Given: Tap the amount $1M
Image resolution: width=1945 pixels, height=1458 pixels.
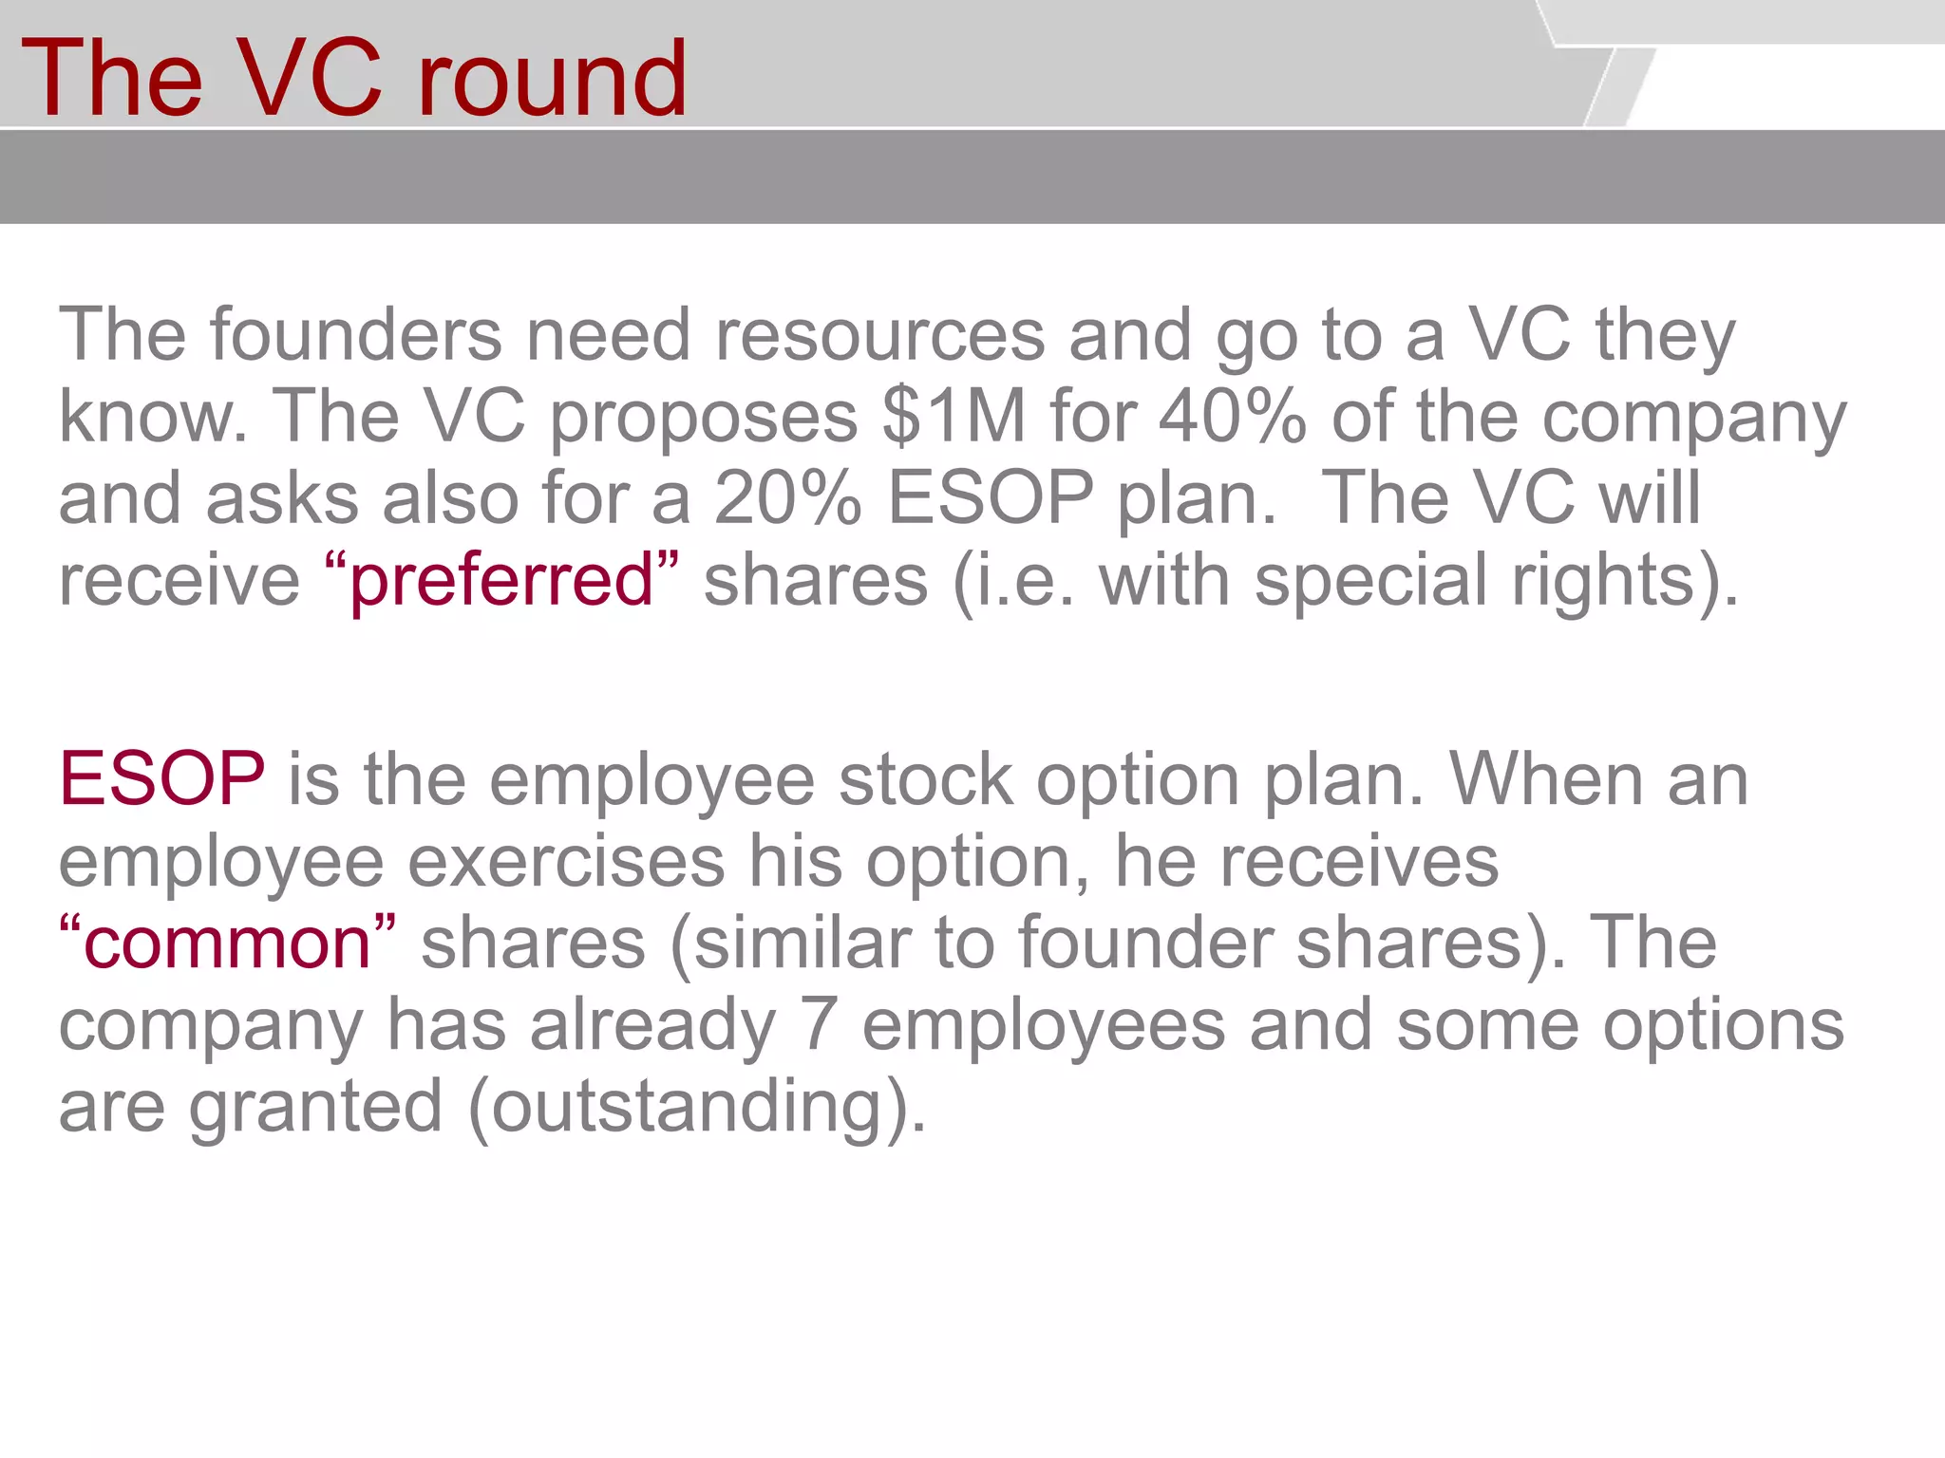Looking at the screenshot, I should pos(954,417).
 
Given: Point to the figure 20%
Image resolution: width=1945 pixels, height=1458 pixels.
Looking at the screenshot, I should pos(787,498).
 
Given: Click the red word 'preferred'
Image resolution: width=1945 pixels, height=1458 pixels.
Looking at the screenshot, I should pos(501,581).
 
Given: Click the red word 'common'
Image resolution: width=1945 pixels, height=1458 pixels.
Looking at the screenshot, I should pos(227,944).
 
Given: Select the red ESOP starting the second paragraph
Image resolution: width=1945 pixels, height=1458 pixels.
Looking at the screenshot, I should pos(161,779).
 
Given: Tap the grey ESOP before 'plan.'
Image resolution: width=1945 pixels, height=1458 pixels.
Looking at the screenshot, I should pos(991,498).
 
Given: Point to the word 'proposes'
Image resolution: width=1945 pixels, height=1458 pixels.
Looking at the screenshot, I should pos(704,419).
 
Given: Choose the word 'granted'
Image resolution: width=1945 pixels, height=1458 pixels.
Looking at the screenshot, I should pos(315,1108).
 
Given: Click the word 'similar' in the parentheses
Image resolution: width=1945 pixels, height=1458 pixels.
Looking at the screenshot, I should pos(801,944).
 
